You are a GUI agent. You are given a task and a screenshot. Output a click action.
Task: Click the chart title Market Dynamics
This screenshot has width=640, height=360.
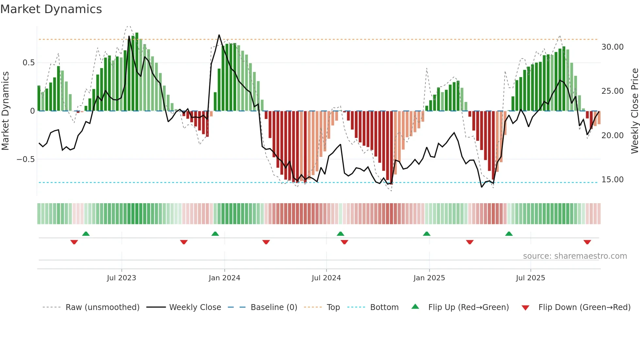(51, 9)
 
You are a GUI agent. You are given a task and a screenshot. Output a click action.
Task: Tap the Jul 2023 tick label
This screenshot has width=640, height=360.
(121, 278)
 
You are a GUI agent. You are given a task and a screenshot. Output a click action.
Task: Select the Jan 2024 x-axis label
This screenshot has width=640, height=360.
(224, 278)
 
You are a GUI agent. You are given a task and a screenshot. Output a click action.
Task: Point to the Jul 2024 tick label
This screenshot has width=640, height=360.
(326, 278)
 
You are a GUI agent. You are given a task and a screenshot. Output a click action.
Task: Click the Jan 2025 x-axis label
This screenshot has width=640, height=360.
(429, 278)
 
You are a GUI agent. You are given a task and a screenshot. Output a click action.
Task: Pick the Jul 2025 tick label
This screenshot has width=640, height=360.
(530, 278)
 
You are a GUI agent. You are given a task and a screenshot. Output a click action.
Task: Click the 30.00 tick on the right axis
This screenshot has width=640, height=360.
(612, 47)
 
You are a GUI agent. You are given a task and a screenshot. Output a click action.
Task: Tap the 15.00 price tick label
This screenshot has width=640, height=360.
(612, 180)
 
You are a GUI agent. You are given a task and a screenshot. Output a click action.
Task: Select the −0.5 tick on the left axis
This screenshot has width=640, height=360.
(25, 159)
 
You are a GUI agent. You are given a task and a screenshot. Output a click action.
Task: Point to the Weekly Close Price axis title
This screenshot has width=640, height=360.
(634, 111)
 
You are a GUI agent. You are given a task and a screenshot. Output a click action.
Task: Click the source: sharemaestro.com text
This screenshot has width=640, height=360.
(575, 256)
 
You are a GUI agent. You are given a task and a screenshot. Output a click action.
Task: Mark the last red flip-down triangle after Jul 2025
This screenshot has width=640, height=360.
(587, 242)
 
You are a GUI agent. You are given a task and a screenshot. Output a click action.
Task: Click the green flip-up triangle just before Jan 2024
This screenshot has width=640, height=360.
(215, 234)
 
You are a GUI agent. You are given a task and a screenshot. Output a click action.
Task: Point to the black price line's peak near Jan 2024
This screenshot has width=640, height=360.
(219, 35)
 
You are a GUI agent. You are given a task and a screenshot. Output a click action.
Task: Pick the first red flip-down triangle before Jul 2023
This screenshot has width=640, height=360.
(74, 242)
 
